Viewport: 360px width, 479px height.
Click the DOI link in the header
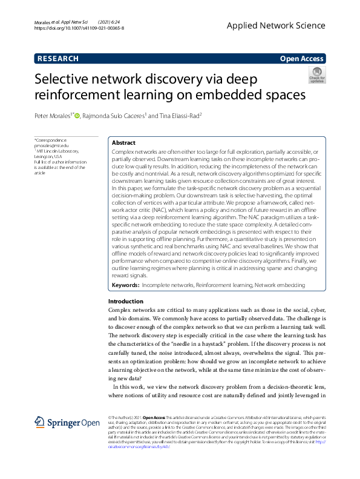tap(79, 28)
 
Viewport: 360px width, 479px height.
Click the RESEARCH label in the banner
tap(58, 59)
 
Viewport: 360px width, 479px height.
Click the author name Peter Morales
tap(53, 116)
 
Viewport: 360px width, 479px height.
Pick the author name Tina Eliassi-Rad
tap(176, 116)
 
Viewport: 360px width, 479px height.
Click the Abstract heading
tap(124, 142)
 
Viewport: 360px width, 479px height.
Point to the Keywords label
tap(125, 285)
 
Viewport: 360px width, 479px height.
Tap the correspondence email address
tap(51, 146)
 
